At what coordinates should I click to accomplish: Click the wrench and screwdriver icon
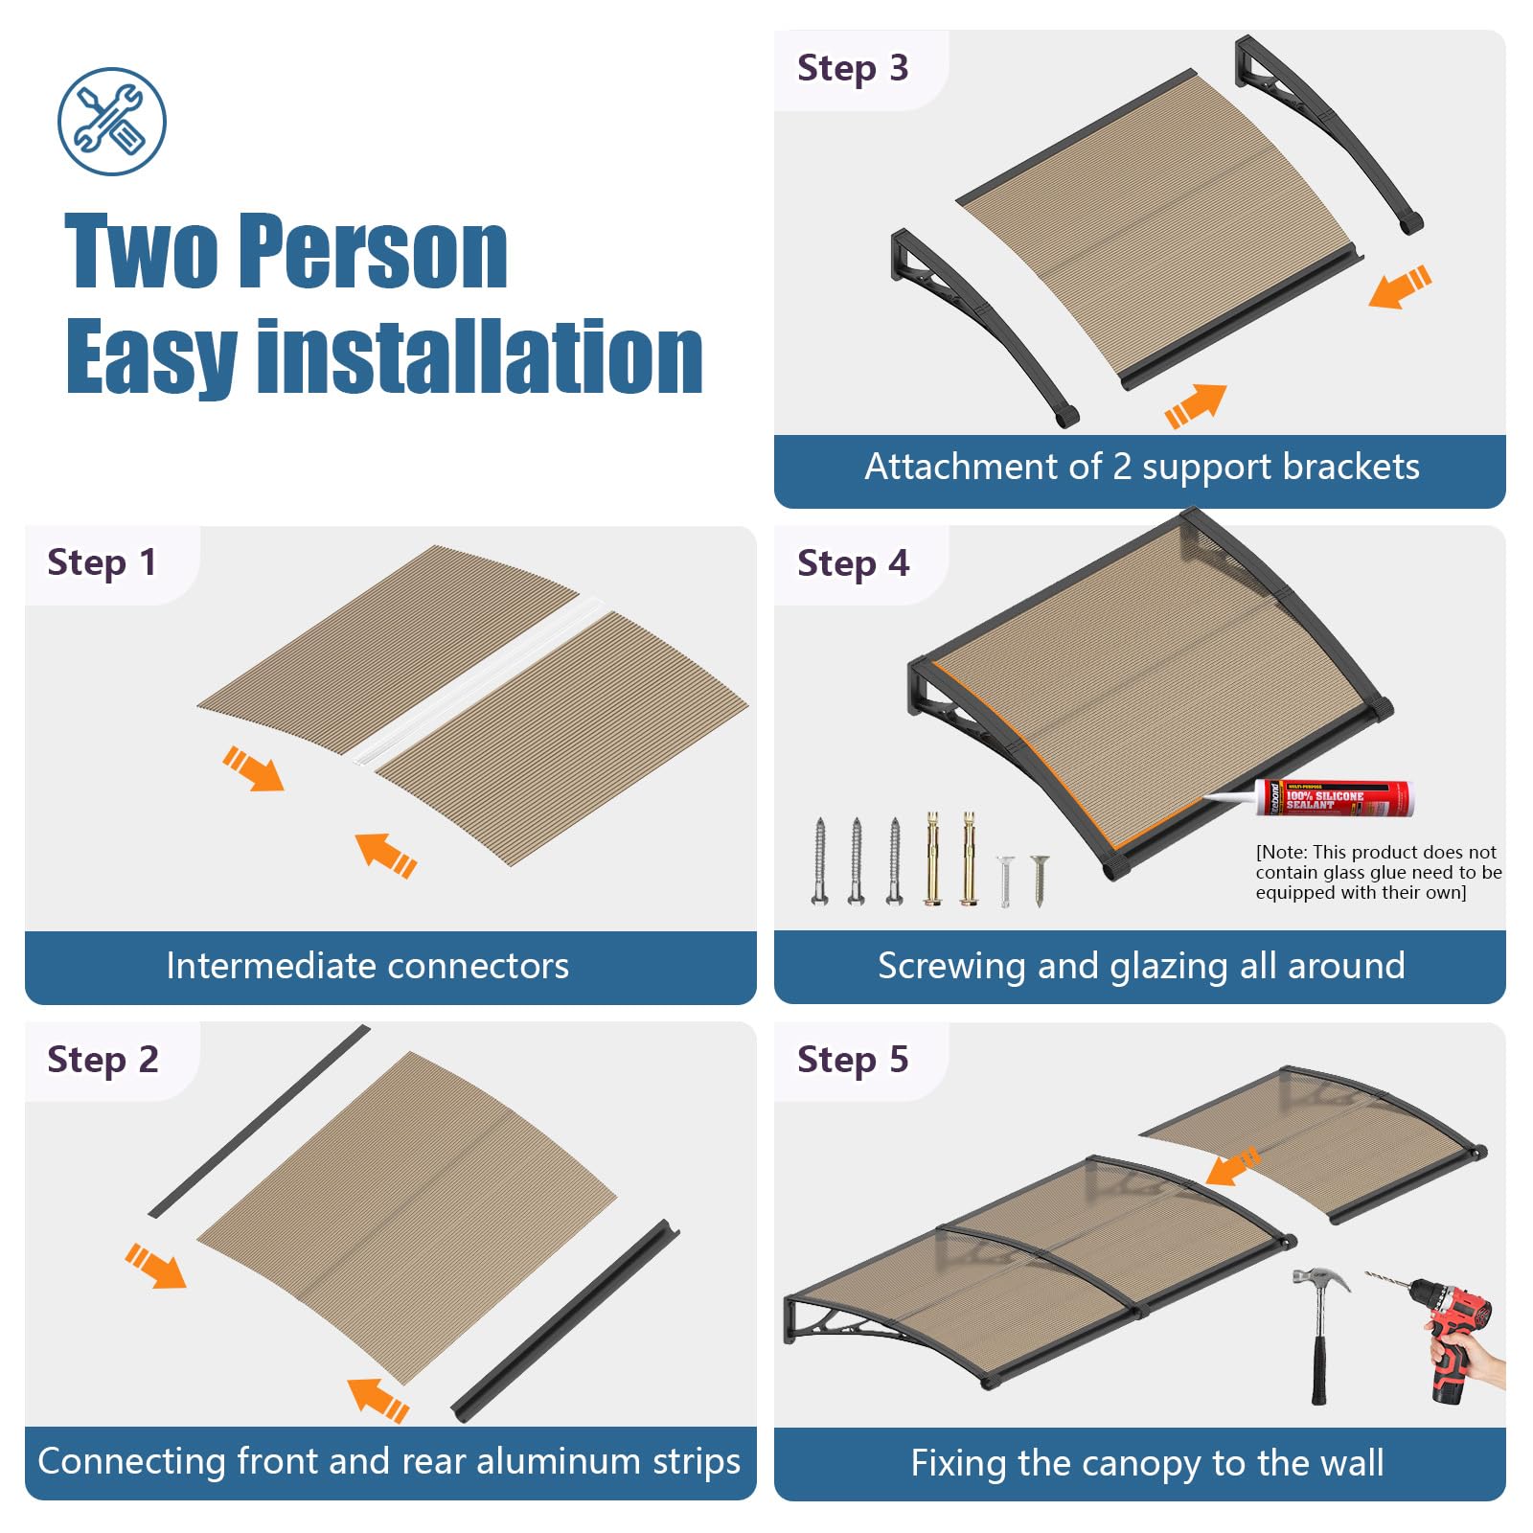(x=112, y=122)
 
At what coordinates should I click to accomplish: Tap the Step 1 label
(x=102, y=562)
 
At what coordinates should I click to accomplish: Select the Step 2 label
(x=103, y=1060)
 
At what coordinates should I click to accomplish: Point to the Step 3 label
(x=853, y=68)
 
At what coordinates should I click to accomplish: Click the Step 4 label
(x=853, y=563)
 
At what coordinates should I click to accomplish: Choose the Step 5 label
(x=853, y=1060)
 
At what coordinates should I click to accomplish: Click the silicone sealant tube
(x=1309, y=796)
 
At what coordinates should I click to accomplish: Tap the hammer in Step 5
(x=1319, y=1335)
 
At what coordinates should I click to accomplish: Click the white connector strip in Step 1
(x=477, y=680)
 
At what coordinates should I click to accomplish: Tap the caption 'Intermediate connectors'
(x=367, y=966)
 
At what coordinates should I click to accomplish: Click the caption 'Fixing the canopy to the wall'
(x=1147, y=1463)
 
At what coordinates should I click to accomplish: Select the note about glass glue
(x=1378, y=872)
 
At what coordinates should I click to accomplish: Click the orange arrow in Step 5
(x=1233, y=1166)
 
